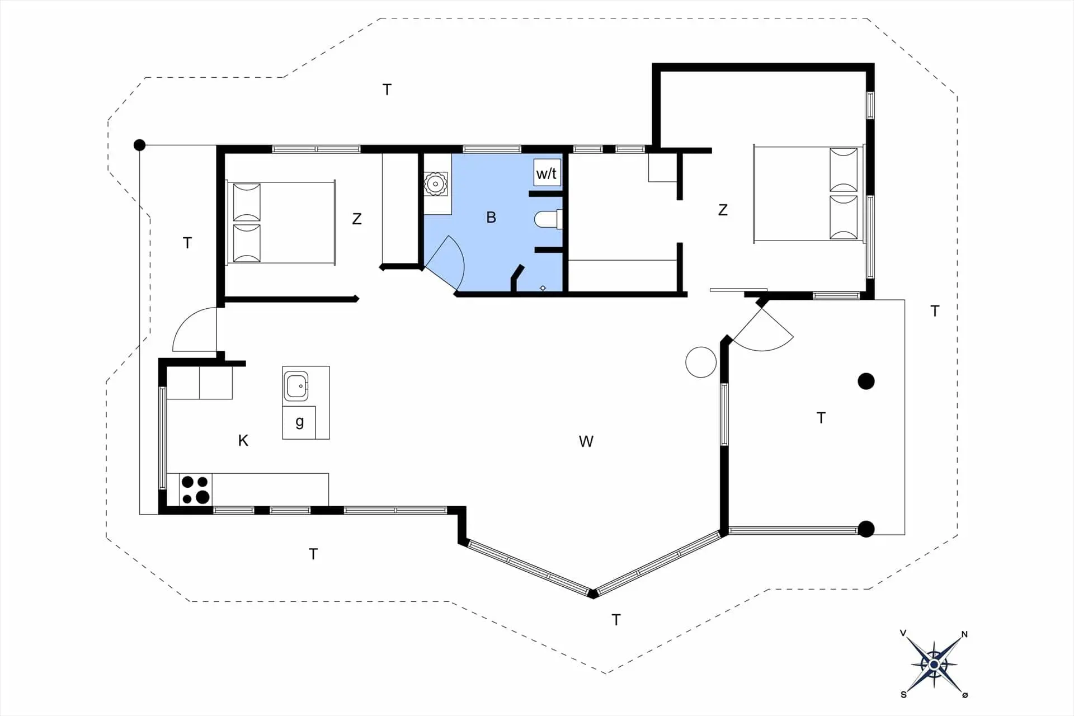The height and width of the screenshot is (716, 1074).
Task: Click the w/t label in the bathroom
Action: pyautogui.click(x=547, y=173)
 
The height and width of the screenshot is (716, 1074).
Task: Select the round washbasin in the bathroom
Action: pyautogui.click(x=435, y=183)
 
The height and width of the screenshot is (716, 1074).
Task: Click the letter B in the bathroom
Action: pyautogui.click(x=491, y=217)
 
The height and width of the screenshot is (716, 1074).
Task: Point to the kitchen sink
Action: pyautogui.click(x=296, y=386)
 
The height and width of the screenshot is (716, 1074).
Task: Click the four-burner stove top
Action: pyautogui.click(x=195, y=489)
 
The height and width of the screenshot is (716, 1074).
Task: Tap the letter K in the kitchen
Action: pyautogui.click(x=243, y=440)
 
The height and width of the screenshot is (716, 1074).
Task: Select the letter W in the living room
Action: pyautogui.click(x=586, y=441)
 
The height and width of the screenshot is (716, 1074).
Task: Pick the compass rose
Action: pyautogui.click(x=934, y=665)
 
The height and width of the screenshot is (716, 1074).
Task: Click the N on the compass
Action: pyautogui.click(x=964, y=634)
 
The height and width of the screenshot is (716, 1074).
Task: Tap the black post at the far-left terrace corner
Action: pyautogui.click(x=139, y=145)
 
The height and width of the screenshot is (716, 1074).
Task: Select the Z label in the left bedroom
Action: pyautogui.click(x=357, y=219)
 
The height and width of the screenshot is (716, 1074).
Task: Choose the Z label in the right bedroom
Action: pyautogui.click(x=723, y=210)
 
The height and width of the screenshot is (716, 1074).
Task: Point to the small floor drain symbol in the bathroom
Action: pyautogui.click(x=543, y=288)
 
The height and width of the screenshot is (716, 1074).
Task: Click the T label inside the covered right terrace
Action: pyautogui.click(x=821, y=418)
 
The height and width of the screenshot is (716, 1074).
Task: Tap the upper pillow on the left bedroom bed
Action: pyautogui.click(x=247, y=202)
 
